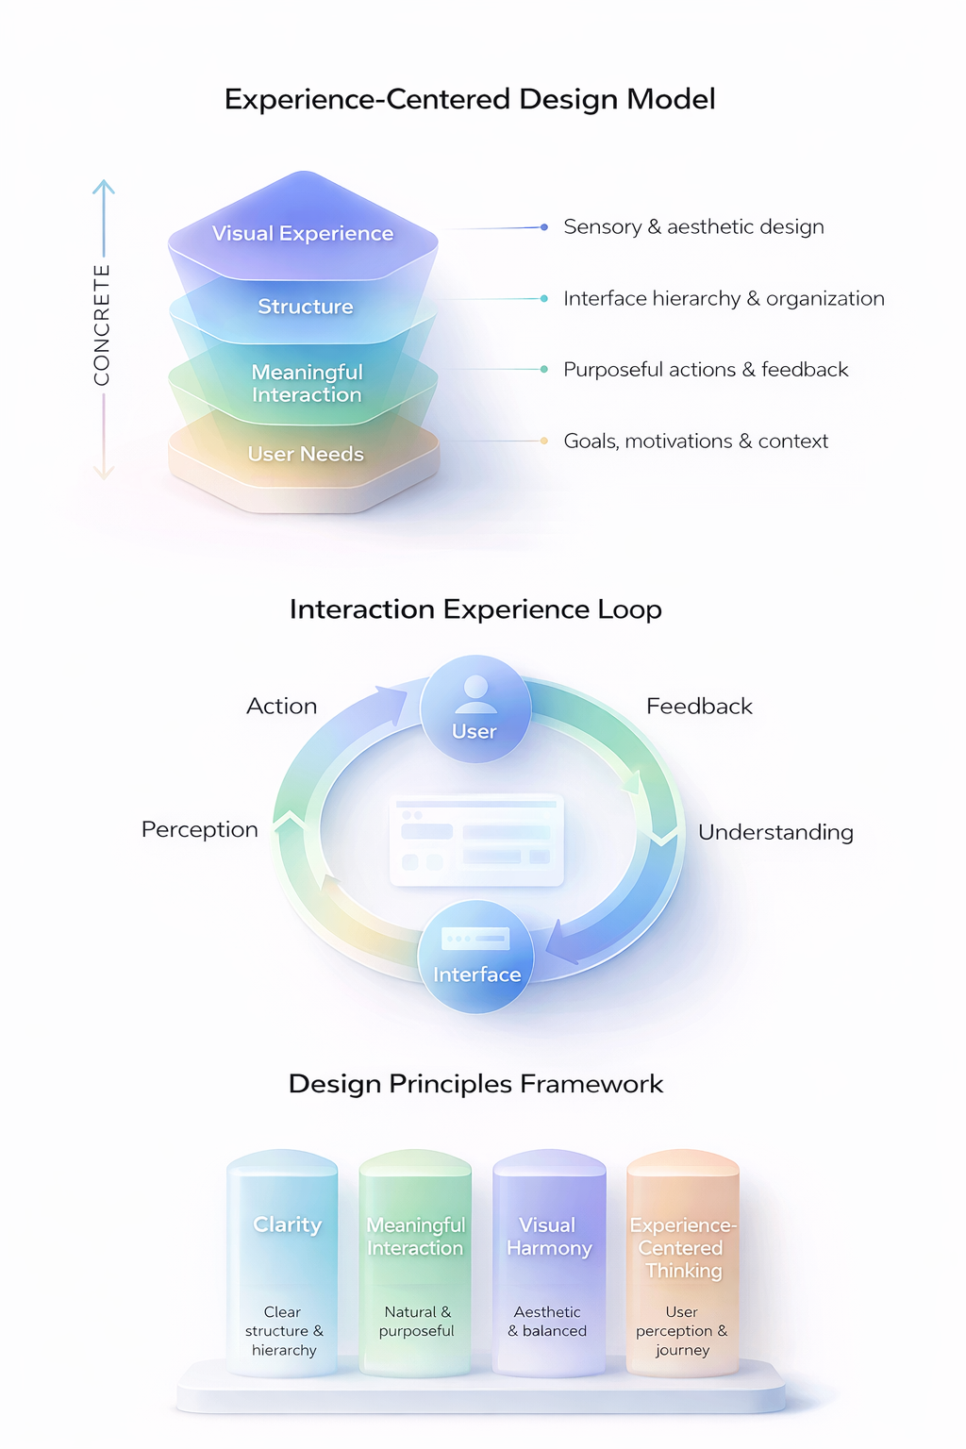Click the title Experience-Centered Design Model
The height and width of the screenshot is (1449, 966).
470,99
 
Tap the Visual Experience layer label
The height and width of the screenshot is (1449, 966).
303,233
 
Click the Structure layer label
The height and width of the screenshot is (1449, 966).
306,307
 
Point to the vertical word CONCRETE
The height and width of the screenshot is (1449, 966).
102,325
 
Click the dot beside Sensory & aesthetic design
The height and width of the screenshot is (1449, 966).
544,227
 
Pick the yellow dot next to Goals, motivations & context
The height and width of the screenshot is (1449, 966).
544,441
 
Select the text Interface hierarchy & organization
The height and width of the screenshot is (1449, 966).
724,298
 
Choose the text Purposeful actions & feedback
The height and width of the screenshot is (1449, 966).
706,370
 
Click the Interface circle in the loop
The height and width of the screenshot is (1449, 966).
476,958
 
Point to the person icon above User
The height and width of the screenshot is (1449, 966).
475,693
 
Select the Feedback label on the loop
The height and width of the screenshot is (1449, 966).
699,707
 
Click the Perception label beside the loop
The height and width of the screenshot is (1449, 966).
200,829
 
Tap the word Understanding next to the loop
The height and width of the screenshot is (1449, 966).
775,832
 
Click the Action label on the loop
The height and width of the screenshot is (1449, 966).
282,707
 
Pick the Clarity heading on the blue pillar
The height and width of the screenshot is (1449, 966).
288,1224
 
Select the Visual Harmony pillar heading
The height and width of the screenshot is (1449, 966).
548,1237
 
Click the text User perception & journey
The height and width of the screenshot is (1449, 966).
682,1331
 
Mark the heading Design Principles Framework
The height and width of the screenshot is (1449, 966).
475,1084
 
